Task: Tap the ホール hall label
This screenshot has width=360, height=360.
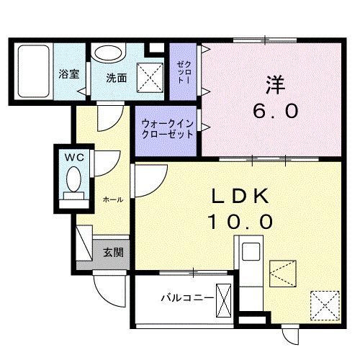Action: tap(112, 197)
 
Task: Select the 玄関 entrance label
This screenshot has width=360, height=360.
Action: tap(112, 252)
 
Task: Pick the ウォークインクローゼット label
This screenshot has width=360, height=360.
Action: tap(167, 128)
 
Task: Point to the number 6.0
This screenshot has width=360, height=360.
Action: tap(274, 112)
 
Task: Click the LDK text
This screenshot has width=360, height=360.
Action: tap(240, 196)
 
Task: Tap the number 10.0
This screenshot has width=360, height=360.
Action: tap(240, 222)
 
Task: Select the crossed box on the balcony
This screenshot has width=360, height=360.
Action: tap(224, 297)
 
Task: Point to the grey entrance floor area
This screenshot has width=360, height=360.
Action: tap(112, 253)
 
